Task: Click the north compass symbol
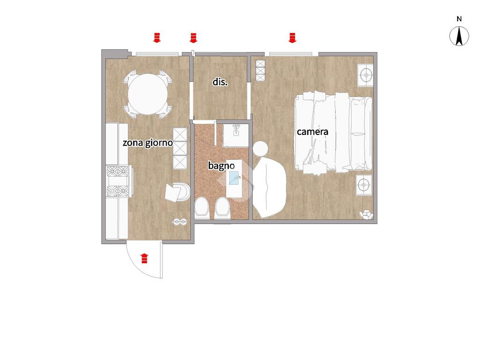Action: tap(459, 36)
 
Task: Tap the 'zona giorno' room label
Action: tap(148, 142)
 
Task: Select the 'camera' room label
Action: tap(313, 132)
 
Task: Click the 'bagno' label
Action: tap(221, 165)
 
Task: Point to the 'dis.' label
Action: tap(220, 82)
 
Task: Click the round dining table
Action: tap(148, 94)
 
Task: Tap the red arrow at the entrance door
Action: tap(144, 258)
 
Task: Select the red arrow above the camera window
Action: tap(292, 37)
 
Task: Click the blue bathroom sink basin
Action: tap(234, 178)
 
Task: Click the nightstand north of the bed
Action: tap(365, 75)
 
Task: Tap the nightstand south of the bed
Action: tap(364, 185)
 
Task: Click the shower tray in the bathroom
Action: tap(235, 135)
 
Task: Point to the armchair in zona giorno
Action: tap(178, 192)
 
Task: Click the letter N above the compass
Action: tap(459, 19)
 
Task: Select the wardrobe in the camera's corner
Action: tap(260, 71)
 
